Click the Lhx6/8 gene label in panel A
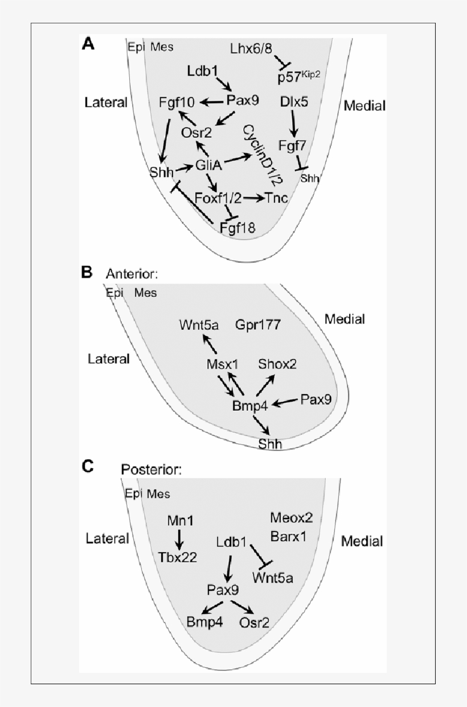[x=255, y=48]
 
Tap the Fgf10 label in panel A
[x=178, y=103]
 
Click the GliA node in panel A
[x=208, y=166]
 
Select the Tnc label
[x=276, y=198]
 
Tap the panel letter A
[x=88, y=44]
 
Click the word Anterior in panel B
[x=132, y=274]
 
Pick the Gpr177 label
[x=257, y=325]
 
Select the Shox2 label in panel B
[x=277, y=364]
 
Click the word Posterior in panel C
[x=151, y=469]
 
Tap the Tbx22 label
[x=178, y=557]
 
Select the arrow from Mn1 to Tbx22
[x=179, y=538]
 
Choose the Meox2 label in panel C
[x=292, y=518]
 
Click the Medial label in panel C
[x=362, y=541]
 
